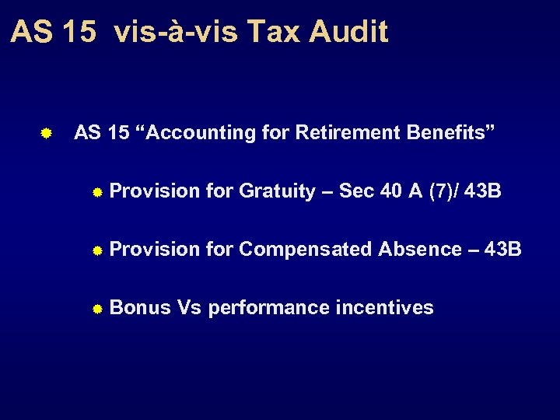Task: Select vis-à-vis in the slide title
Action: pyautogui.click(x=177, y=32)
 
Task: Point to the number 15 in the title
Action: pyautogui.click(x=79, y=32)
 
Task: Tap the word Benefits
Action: pyautogui.click(x=451, y=132)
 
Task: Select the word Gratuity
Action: pyautogui.click(x=277, y=191)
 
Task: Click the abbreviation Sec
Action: pyautogui.click(x=357, y=191)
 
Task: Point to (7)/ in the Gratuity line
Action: pyautogui.click(x=443, y=191)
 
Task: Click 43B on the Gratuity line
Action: pyautogui.click(x=482, y=191)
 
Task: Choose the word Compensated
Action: pyautogui.click(x=306, y=250)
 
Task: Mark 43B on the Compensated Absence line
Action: pyautogui.click(x=502, y=249)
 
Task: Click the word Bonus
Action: pyautogui.click(x=140, y=308)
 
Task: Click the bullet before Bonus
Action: pyautogui.click(x=97, y=309)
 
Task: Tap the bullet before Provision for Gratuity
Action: pyautogui.click(x=97, y=192)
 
